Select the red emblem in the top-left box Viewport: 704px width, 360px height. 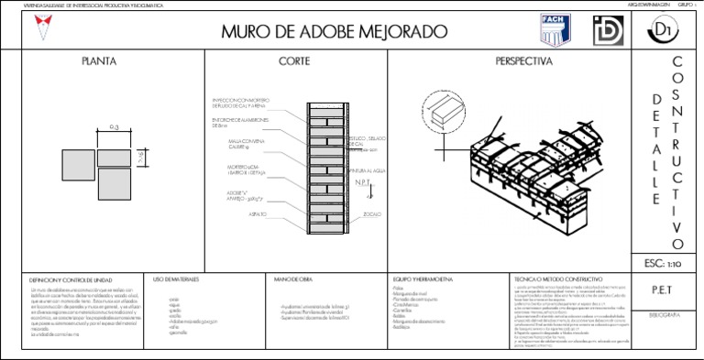pyautogui.click(x=38, y=30)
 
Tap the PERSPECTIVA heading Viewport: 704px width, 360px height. pyautogui.click(x=524, y=62)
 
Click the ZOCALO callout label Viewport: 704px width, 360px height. pyautogui.click(x=372, y=214)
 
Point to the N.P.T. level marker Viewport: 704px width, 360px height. pyautogui.click(x=363, y=182)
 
